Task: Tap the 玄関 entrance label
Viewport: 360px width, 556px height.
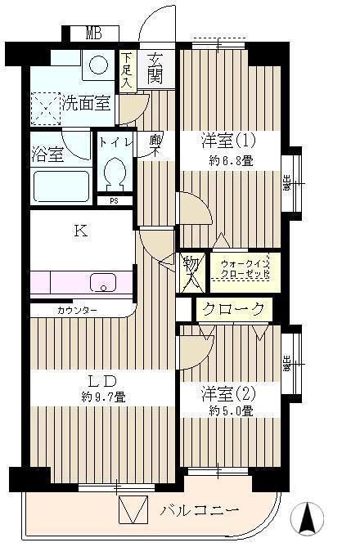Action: click(x=155, y=69)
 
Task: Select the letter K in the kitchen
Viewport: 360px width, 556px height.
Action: click(x=80, y=231)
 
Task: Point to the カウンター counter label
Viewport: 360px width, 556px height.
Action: click(x=78, y=311)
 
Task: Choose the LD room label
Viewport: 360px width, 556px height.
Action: click(x=102, y=380)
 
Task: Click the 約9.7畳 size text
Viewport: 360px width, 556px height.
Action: click(x=102, y=397)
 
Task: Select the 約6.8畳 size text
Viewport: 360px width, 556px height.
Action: click(x=230, y=161)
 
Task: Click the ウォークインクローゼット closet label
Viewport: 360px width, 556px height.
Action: click(x=243, y=268)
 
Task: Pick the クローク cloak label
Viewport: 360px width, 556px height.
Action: click(x=234, y=309)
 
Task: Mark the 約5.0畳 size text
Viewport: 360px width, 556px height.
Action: click(x=230, y=410)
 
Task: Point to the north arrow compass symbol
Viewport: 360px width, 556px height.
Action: click(x=308, y=518)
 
